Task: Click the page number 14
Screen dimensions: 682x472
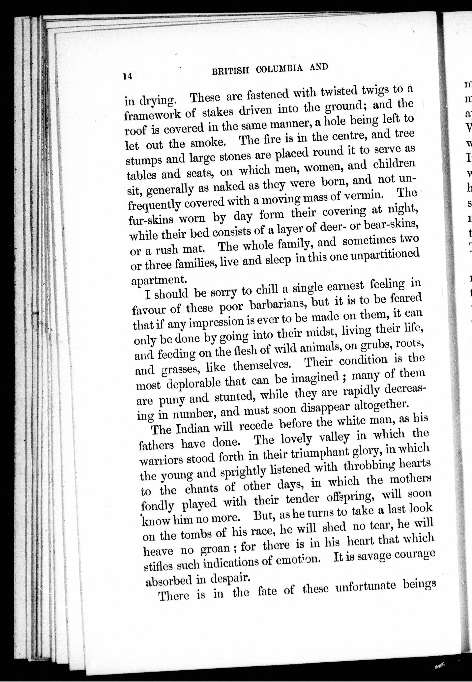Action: click(x=128, y=76)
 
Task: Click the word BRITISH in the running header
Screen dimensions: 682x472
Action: click(x=230, y=71)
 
